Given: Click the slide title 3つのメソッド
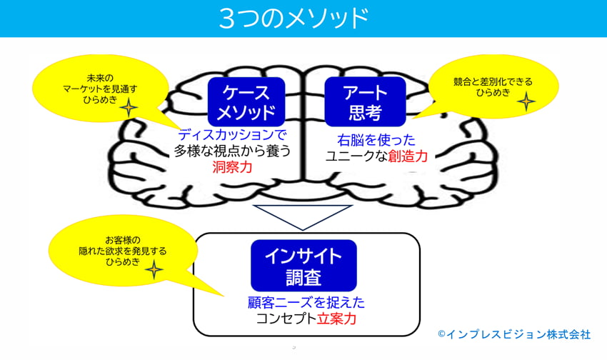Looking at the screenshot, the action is click(294, 18).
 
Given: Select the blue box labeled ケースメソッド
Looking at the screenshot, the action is click(246, 101).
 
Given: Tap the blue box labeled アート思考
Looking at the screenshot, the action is click(365, 101).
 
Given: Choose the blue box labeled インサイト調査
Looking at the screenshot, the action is click(303, 266).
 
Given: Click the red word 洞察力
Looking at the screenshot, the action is click(232, 167).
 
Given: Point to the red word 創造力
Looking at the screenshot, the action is click(408, 156).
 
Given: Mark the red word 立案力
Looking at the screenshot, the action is click(336, 319).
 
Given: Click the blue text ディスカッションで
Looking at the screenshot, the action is click(232, 135).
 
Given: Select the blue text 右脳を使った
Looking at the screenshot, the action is click(376, 140).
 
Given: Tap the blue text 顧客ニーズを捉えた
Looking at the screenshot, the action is click(306, 302).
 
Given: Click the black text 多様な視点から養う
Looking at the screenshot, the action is click(232, 151).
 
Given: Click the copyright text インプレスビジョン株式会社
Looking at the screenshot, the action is click(518, 334).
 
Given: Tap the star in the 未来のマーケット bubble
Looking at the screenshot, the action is click(129, 107).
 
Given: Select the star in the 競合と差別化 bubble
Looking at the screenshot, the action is click(526, 102).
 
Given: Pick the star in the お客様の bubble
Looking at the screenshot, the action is click(154, 269).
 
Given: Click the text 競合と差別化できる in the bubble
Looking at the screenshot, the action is click(493, 82).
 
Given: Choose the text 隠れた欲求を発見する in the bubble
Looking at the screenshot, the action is click(122, 251).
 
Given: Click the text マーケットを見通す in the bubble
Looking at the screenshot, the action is click(100, 89).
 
